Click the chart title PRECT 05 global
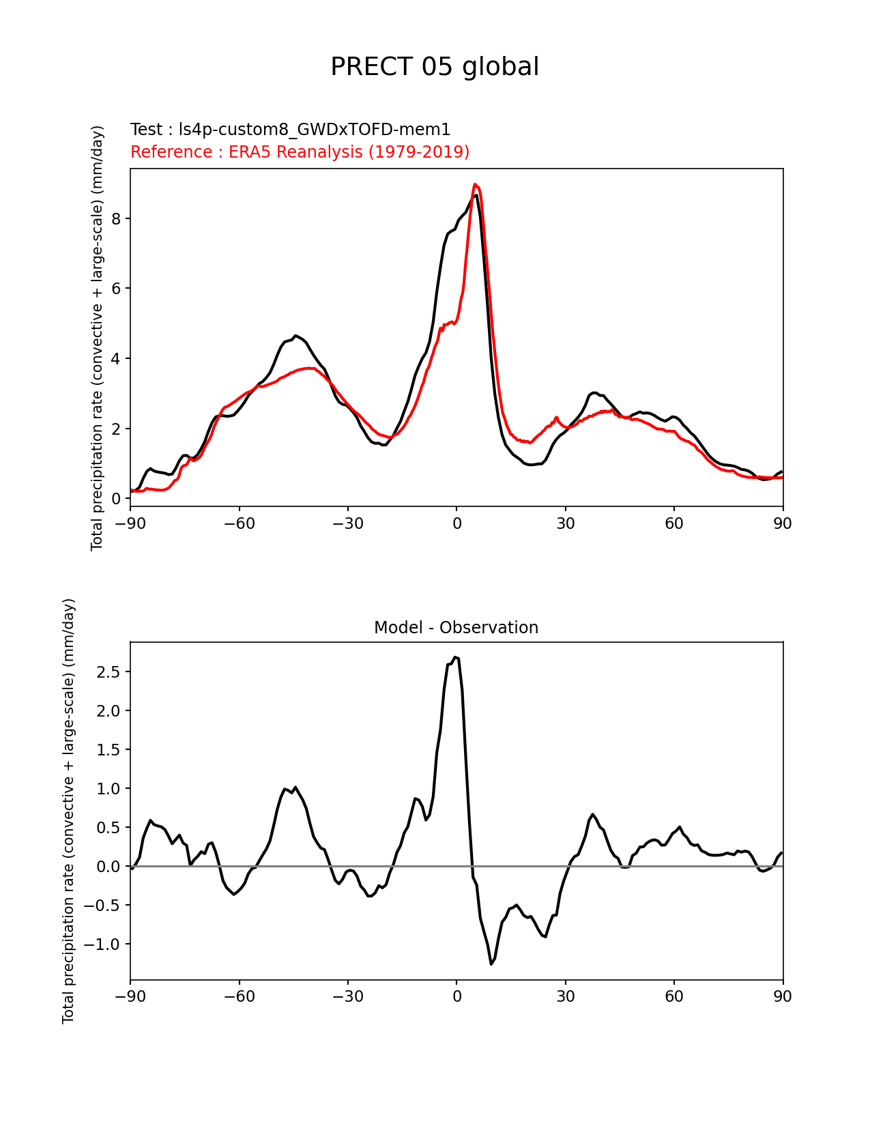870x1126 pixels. [435, 67]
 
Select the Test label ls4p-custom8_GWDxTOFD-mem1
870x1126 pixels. [290, 130]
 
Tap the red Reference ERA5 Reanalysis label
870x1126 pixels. [300, 151]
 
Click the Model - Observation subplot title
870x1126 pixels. [456, 628]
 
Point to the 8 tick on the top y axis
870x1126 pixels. [117, 218]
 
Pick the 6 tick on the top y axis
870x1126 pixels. [117, 289]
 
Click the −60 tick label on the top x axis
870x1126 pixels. [239, 523]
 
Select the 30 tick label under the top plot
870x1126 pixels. [565, 523]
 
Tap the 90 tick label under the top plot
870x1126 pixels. [783, 523]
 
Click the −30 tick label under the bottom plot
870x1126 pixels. [347, 996]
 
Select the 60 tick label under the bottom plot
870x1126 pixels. [673, 996]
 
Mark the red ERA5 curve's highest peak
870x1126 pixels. [475, 184]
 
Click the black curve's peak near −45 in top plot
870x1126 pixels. [295, 336]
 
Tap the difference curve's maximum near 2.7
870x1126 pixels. [455, 657]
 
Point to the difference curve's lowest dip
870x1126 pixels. [491, 964]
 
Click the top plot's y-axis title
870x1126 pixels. [98, 338]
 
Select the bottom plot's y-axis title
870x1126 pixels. [68, 811]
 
